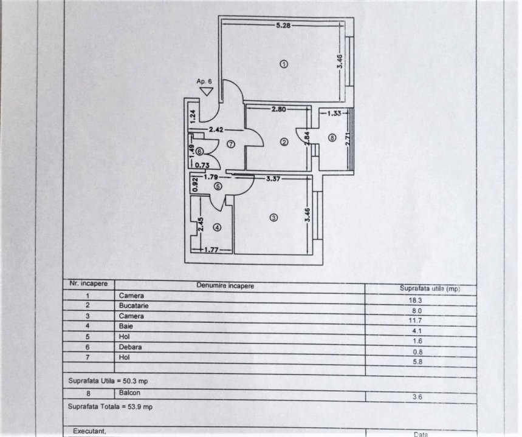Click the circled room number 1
tap(284, 64)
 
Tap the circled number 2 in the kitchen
tap(284, 142)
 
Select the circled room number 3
tap(273, 218)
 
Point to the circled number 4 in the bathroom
tap(217, 228)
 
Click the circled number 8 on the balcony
tap(332, 137)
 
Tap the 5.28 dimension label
tap(283, 25)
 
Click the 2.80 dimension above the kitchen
tap(278, 109)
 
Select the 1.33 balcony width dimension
tap(334, 113)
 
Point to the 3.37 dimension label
tap(273, 178)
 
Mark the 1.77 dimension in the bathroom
tap(211, 250)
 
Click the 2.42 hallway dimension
tap(216, 130)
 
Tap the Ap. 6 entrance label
tap(204, 81)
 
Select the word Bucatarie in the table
tap(134, 306)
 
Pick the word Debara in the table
tap(130, 347)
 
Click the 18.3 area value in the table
tap(415, 300)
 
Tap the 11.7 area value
tap(415, 320)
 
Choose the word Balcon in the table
tap(129, 393)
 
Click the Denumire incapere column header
tap(225, 286)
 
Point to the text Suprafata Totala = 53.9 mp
tap(110, 407)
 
